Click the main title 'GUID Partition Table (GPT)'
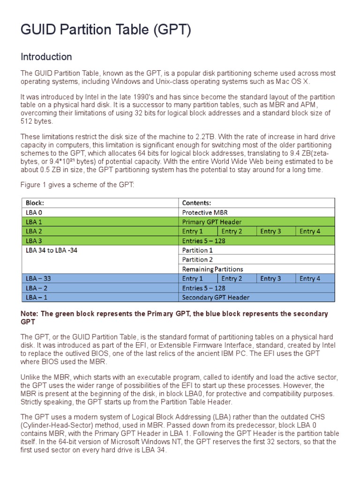[106, 30]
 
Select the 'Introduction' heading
[46, 57]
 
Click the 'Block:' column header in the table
[35, 203]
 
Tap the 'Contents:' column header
[196, 203]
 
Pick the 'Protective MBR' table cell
[205, 212]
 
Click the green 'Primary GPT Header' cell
[212, 222]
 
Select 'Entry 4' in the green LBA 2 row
[310, 231]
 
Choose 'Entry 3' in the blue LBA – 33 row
[270, 278]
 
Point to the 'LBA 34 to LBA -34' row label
[52, 250]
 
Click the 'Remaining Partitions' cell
[212, 269]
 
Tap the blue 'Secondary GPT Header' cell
[216, 297]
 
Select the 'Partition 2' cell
[197, 260]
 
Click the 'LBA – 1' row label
[37, 297]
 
